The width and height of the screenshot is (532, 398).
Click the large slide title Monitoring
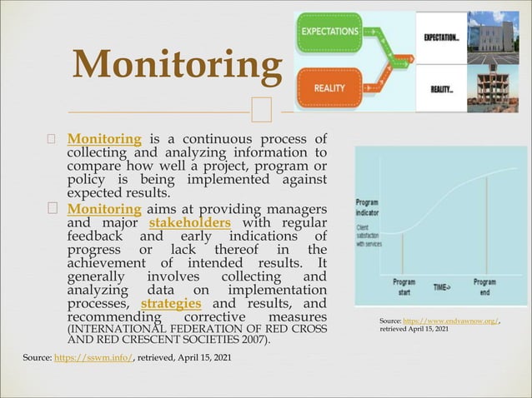pyautogui.click(x=177, y=66)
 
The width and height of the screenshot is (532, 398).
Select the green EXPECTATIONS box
pyautogui.click(x=331, y=32)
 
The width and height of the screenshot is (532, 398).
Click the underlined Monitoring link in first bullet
pyautogui.click(x=104, y=138)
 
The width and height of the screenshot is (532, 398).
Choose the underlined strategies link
pyautogui.click(x=171, y=303)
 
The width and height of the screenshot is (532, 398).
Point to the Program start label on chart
pyautogui.click(x=404, y=287)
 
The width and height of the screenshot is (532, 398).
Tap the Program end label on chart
pyautogui.click(x=484, y=287)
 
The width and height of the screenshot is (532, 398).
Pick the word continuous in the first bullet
pyautogui.click(x=213, y=138)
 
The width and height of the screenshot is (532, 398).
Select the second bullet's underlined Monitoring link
pyautogui.click(x=104, y=208)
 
